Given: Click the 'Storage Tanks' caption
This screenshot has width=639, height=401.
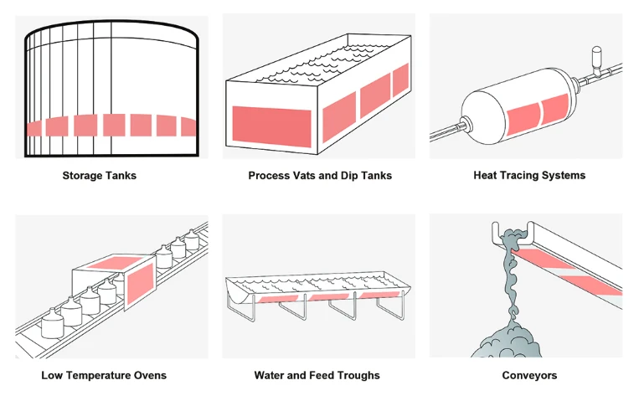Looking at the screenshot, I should [x=99, y=176].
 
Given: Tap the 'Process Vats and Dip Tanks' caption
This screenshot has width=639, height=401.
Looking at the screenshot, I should [x=320, y=176].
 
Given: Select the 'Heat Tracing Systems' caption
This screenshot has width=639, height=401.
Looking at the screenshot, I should [x=529, y=176].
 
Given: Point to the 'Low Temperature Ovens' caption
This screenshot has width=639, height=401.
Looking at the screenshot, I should [x=104, y=375].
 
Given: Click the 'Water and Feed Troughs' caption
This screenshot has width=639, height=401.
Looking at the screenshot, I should [x=317, y=375].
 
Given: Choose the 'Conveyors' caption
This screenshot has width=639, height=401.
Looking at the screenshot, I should [x=529, y=375].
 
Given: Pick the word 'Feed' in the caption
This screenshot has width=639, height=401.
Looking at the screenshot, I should [x=322, y=375].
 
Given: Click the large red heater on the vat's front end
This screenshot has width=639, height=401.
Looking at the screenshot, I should [x=271, y=124].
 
